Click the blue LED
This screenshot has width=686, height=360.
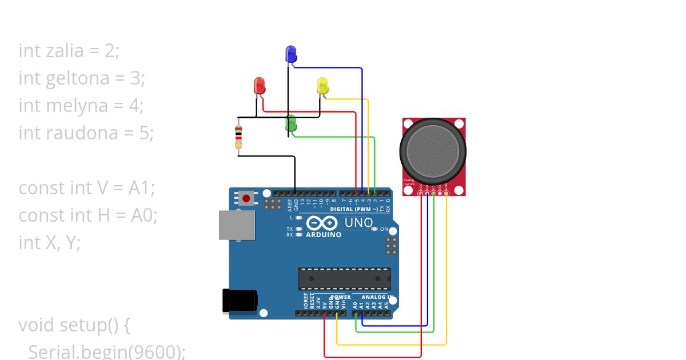tap(291, 54)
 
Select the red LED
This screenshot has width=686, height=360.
tap(260, 86)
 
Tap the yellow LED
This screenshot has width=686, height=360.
tap(322, 86)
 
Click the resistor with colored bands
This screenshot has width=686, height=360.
tap(238, 137)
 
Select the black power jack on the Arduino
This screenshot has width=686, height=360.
tap(240, 301)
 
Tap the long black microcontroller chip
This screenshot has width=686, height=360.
tap(344, 278)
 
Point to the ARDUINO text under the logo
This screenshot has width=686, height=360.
tap(324, 235)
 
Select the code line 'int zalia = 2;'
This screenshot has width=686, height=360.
tap(69, 50)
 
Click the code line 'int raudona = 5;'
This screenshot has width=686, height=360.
tap(86, 133)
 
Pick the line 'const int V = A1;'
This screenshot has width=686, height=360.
tap(87, 187)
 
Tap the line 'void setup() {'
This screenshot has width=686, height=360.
tap(75, 325)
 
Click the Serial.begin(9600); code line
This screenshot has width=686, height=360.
tap(106, 351)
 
